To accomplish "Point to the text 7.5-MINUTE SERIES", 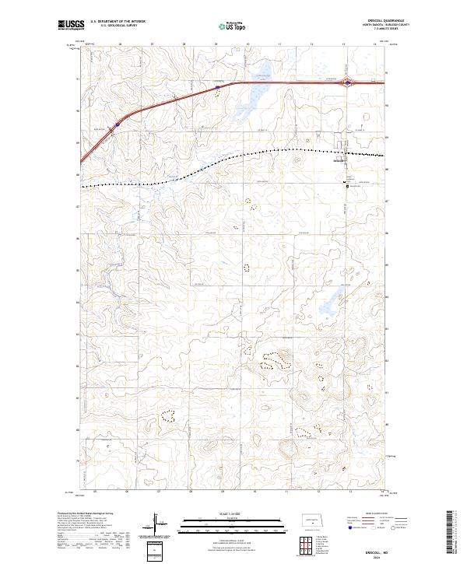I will click(357, 29).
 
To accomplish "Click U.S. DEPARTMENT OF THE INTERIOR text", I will click(118, 22).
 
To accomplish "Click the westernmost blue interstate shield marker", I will click(118, 123).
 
